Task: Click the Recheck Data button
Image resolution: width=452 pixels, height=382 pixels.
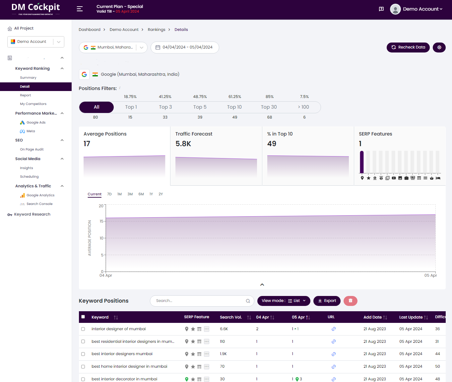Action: [x=408, y=47]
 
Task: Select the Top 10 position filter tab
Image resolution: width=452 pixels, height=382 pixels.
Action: [x=234, y=107]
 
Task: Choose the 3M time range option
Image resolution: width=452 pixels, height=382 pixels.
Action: [x=130, y=194]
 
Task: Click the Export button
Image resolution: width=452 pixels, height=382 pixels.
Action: [x=327, y=301]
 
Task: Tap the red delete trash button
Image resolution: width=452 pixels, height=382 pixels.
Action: [x=350, y=301]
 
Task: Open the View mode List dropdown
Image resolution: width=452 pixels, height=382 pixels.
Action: [x=284, y=301]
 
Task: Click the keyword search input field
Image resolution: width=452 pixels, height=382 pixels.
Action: [x=199, y=301]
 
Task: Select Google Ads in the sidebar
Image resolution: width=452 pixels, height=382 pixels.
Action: [x=36, y=123]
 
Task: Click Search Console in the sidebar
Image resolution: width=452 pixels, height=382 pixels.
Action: [x=39, y=204]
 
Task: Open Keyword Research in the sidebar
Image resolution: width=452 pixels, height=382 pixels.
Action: [x=32, y=214]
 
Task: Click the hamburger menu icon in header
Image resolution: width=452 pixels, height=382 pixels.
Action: [x=80, y=9]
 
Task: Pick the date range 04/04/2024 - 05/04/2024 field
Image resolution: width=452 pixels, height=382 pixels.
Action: [x=185, y=47]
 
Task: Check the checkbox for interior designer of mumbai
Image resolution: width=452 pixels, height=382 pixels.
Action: [x=83, y=329]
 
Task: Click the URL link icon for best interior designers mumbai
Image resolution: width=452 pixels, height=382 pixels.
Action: [x=334, y=354]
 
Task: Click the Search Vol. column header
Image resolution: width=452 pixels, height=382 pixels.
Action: [x=231, y=317]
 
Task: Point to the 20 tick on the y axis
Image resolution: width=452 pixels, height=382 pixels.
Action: [x=101, y=206]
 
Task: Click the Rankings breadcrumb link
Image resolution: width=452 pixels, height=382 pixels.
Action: [x=156, y=30]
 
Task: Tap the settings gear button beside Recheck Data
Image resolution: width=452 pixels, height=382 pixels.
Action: [x=439, y=47]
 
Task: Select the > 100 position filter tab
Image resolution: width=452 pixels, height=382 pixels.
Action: [x=303, y=107]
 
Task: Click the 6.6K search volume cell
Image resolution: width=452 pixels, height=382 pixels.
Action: [x=224, y=329]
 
